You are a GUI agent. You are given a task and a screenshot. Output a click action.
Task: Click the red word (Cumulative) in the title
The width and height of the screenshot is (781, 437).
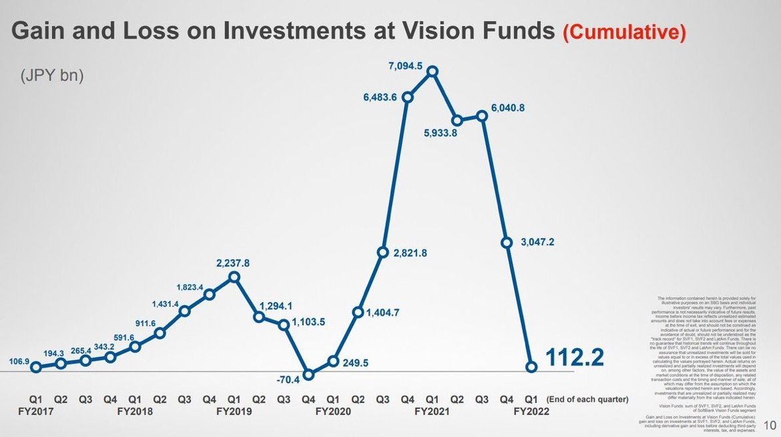pos(624,31)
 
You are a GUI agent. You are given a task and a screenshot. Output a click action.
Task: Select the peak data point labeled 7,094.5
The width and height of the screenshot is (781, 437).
pos(433,71)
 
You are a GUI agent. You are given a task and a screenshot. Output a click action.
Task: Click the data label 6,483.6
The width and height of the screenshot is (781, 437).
pos(380,97)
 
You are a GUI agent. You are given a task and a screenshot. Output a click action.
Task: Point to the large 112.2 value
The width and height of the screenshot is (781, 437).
pos(575,358)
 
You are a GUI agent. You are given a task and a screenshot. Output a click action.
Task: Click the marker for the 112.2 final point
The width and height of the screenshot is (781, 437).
pos(532,366)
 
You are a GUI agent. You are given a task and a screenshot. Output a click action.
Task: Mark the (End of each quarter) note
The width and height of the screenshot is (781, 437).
pos(587,400)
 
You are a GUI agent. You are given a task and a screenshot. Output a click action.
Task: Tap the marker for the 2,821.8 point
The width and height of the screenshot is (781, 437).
pos(383,252)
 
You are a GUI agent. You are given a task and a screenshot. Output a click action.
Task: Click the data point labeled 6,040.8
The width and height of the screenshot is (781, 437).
pos(482,116)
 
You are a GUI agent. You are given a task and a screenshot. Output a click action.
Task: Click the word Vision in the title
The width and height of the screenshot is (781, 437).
pos(437,31)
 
